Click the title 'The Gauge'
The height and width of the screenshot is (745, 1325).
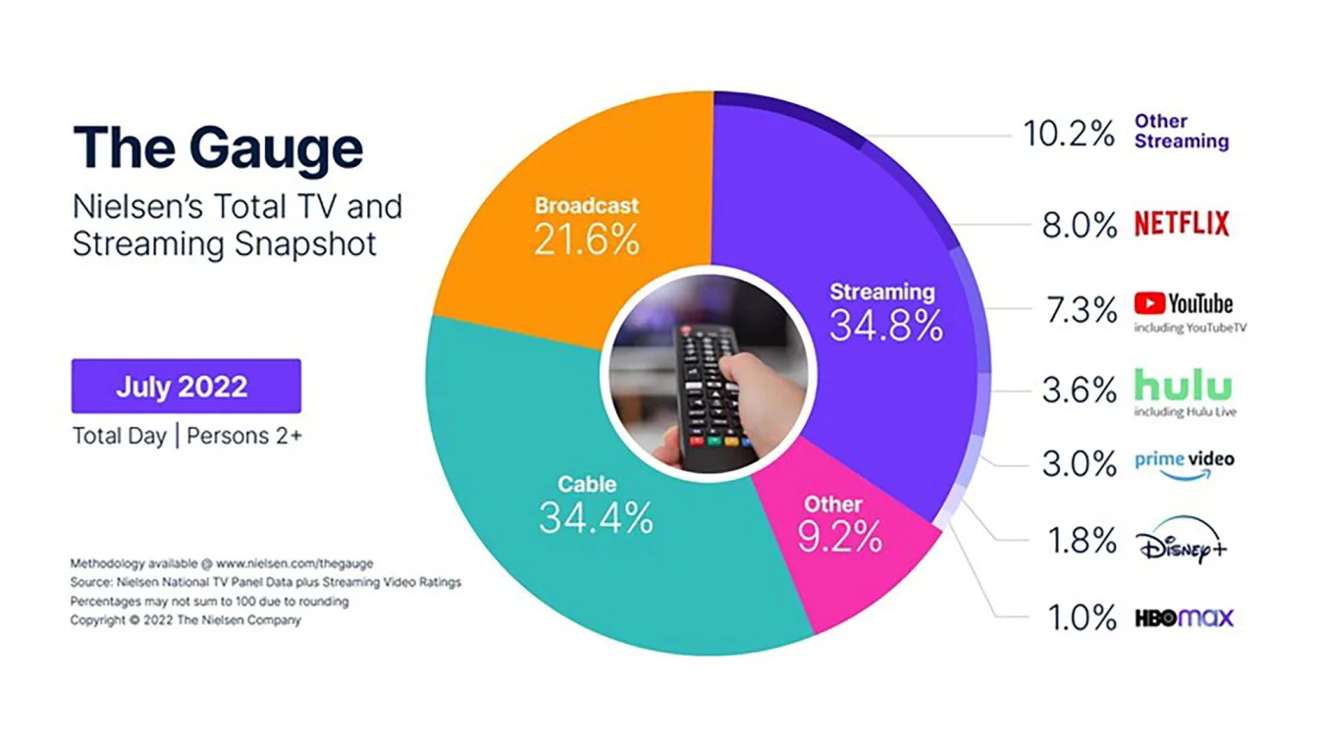[218, 148]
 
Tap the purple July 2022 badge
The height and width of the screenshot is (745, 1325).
[185, 386]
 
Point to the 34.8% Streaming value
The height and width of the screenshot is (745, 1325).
[885, 325]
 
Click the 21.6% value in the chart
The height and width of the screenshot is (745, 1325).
[586, 239]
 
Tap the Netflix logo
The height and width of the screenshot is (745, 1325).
[1182, 224]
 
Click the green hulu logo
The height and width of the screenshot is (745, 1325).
[1183, 384]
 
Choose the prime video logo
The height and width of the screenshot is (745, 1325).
[1184, 462]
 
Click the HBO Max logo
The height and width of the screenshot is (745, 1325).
[1184, 618]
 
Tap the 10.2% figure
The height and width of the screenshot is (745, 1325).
[1069, 134]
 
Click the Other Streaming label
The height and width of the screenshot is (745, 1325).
[1182, 132]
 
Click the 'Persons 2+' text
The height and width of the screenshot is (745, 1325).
[243, 436]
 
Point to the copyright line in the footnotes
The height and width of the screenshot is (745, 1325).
[185, 620]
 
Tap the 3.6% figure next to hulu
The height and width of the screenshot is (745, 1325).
[1079, 391]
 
